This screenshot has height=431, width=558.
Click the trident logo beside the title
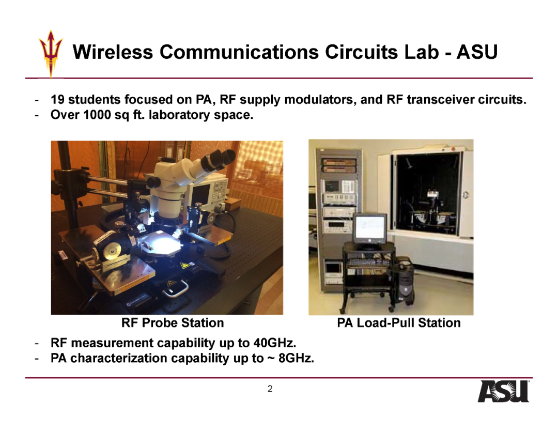(51, 53)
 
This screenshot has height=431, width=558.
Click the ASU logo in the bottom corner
(504, 391)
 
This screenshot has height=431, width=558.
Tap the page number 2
(270, 389)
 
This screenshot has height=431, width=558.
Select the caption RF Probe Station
(173, 323)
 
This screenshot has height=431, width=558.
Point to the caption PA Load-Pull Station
(398, 323)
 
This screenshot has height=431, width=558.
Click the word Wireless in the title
(113, 52)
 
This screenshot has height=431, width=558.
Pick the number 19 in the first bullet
(57, 99)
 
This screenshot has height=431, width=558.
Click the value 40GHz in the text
(274, 343)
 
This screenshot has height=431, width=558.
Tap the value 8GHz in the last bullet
(296, 358)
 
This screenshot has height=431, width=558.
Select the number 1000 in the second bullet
(97, 115)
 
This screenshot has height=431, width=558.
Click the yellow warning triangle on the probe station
(184, 266)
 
